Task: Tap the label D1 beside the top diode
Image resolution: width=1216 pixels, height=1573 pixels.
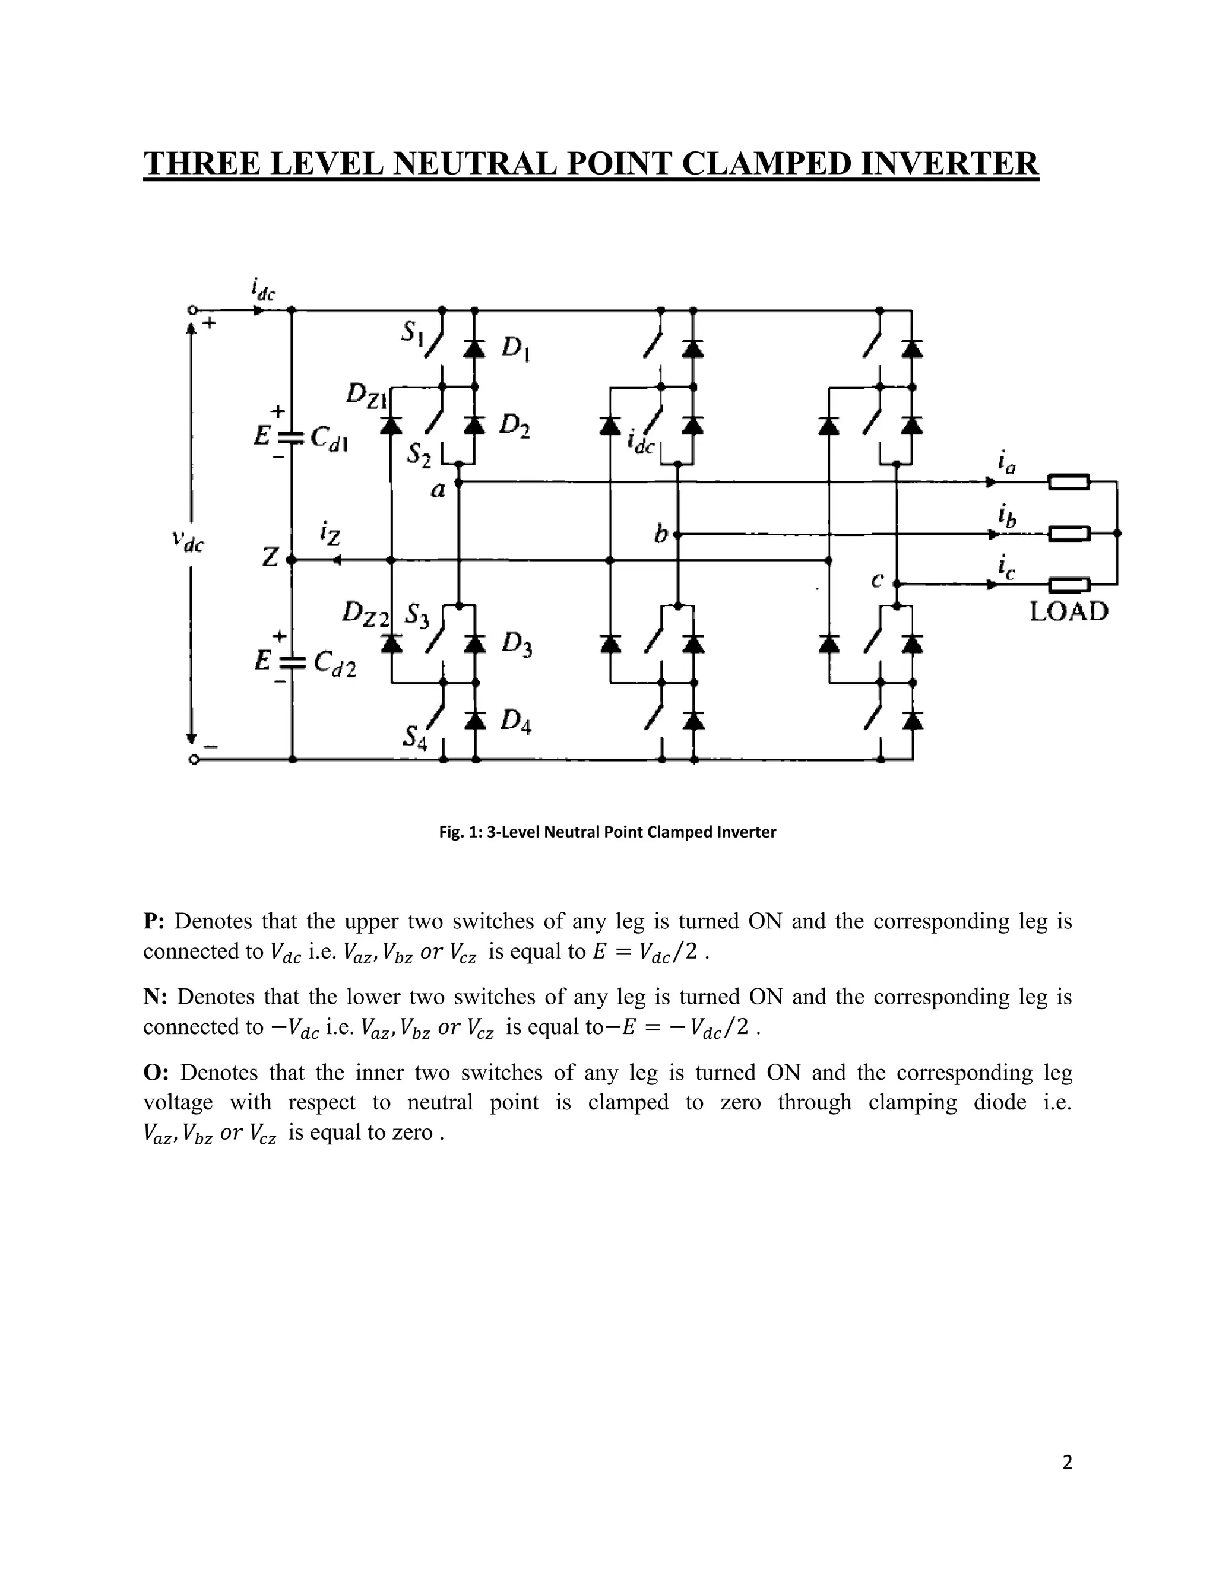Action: (x=516, y=348)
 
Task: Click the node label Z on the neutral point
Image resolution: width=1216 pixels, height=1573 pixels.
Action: (x=270, y=557)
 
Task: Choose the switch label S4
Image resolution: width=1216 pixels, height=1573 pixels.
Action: (x=415, y=737)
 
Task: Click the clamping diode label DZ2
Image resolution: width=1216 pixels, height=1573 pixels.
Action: (x=366, y=614)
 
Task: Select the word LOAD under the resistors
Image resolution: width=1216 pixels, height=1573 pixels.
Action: (x=1068, y=611)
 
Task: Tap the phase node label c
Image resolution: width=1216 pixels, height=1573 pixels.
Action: (x=877, y=580)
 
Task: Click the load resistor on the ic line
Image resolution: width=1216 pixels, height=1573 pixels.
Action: (x=1068, y=585)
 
